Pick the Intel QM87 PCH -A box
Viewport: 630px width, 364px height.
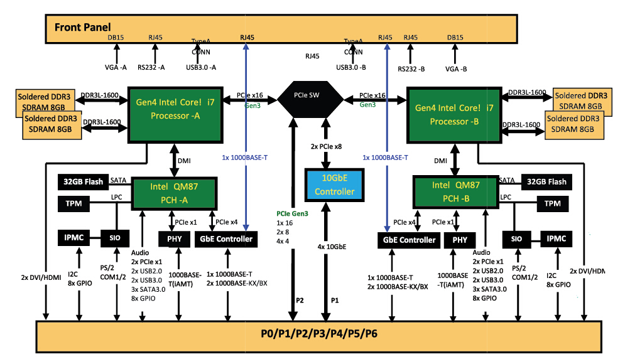173,193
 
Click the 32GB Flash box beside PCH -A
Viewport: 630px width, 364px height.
83,182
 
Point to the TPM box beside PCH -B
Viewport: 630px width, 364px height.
552,203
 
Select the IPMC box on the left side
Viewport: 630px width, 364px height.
73,238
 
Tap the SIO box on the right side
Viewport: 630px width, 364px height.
516,239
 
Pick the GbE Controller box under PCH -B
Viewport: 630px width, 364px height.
408,240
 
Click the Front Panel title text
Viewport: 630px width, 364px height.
83,27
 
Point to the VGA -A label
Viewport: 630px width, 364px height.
116,67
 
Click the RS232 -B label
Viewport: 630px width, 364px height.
411,68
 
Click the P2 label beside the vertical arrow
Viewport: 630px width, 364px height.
300,300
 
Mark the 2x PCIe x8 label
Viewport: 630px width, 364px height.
325,146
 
